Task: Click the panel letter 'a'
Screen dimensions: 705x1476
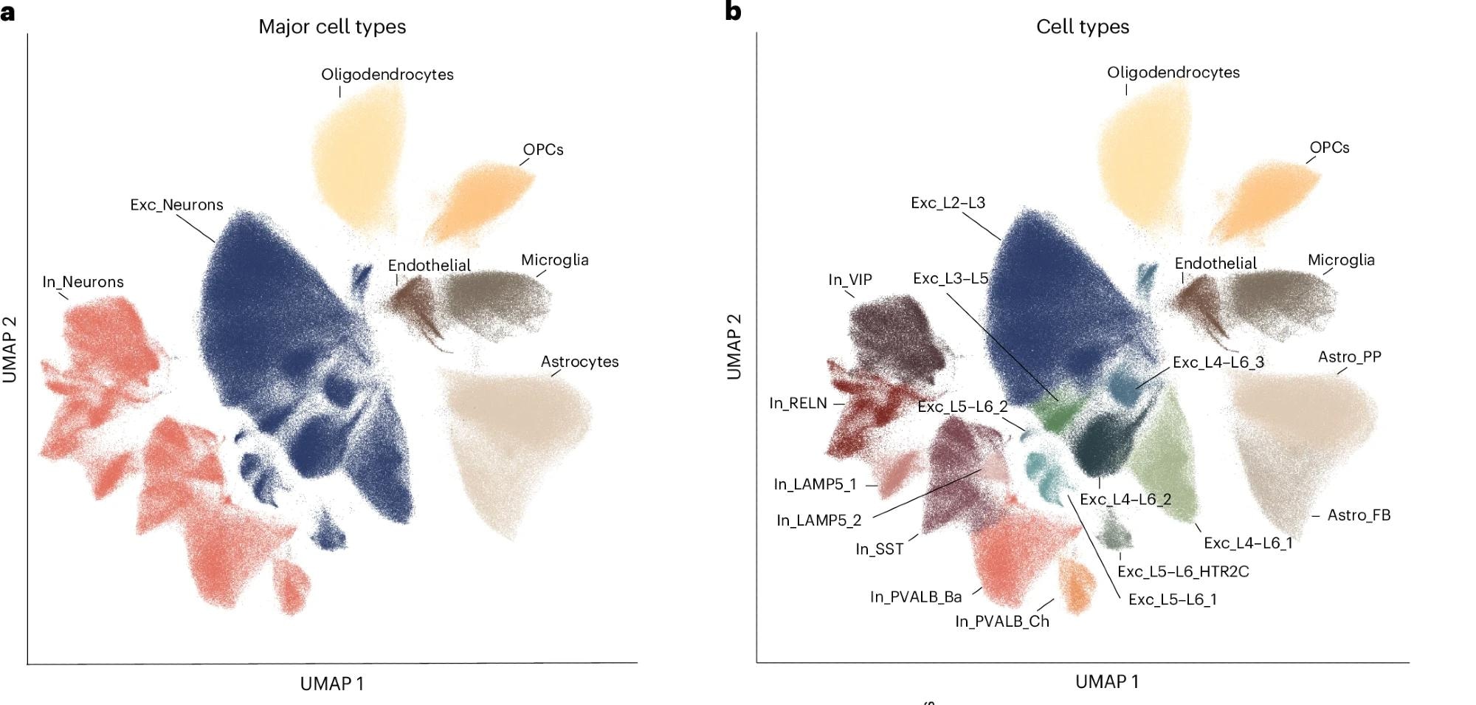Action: tap(7, 13)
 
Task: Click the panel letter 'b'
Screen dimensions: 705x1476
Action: tap(733, 11)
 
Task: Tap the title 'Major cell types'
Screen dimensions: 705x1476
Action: tap(332, 27)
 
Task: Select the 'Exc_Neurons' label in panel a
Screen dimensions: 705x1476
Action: tap(176, 205)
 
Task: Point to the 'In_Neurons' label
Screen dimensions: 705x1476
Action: tap(83, 282)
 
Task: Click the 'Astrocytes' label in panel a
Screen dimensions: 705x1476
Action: tap(579, 362)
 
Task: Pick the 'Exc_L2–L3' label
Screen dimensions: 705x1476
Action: tap(948, 203)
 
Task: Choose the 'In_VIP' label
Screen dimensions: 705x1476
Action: tap(849, 280)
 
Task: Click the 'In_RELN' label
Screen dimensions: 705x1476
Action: tap(798, 403)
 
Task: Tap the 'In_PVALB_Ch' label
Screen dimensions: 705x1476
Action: tap(1001, 622)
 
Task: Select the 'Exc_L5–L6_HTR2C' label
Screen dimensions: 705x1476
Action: tap(1182, 571)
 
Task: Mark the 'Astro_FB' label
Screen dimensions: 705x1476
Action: tap(1359, 515)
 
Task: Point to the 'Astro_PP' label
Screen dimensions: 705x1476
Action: tap(1349, 357)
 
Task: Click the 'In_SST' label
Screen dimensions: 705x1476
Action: tap(879, 549)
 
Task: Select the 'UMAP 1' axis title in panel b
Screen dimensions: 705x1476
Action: tap(1106, 682)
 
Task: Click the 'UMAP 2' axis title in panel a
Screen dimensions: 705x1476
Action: tap(10, 349)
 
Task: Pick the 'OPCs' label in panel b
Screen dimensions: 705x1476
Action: tap(1329, 148)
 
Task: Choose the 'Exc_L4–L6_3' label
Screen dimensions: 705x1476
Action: tap(1218, 362)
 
